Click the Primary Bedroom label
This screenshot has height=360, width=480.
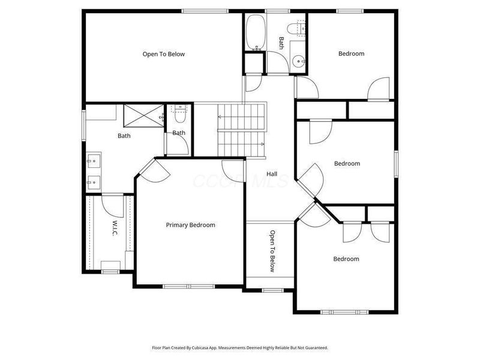click(x=190, y=225)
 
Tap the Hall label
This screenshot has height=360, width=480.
click(x=272, y=174)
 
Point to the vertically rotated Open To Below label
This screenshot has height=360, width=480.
click(x=272, y=251)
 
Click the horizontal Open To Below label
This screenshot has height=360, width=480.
click(x=163, y=54)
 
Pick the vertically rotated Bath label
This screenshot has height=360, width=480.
click(x=281, y=43)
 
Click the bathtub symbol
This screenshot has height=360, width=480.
click(x=254, y=33)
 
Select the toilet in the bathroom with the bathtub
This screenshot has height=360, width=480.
click(x=296, y=28)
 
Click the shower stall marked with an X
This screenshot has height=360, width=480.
click(x=143, y=115)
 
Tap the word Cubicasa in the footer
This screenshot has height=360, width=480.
click(x=205, y=348)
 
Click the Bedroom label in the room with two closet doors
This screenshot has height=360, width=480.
click(x=346, y=259)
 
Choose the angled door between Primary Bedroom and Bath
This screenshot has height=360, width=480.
click(x=155, y=170)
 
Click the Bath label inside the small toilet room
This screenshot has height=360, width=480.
click(x=179, y=133)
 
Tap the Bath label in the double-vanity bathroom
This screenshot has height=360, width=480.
click(x=124, y=136)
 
